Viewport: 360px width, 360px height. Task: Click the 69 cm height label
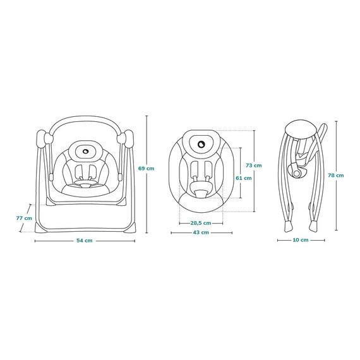146,168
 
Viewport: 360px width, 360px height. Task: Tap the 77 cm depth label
24,218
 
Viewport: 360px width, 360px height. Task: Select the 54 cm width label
85,241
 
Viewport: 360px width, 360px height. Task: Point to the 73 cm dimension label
253,165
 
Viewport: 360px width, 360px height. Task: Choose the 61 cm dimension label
244,178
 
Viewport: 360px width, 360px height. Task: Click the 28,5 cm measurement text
201,223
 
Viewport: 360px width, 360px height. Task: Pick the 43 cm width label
201,232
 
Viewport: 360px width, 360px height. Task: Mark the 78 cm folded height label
336,175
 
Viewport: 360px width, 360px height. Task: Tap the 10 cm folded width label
301,240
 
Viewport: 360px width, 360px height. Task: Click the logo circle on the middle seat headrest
201,145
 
